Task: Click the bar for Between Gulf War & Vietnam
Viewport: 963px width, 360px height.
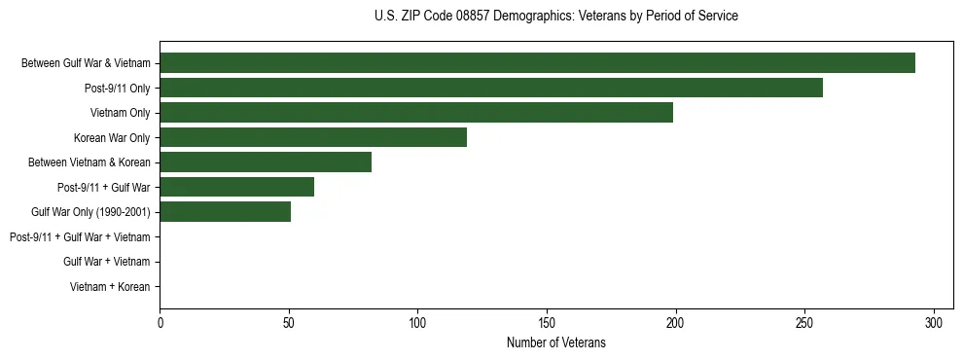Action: (x=537, y=63)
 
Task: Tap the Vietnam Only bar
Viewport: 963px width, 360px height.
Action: (x=416, y=113)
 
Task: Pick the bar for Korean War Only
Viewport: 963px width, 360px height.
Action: (x=313, y=137)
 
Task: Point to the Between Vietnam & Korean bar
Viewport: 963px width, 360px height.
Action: (x=266, y=162)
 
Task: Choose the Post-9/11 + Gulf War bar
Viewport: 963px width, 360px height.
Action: (x=237, y=187)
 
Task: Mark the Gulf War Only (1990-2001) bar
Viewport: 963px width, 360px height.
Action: (x=226, y=211)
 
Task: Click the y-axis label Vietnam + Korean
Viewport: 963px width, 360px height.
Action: (x=110, y=287)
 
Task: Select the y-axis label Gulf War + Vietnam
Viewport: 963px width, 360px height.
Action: (x=107, y=262)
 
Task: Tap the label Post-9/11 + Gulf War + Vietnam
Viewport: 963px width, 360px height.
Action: (x=80, y=236)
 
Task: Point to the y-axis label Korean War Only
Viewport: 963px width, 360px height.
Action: (x=112, y=137)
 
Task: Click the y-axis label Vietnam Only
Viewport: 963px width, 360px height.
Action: (x=121, y=113)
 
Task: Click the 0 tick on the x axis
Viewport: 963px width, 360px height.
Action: (x=160, y=322)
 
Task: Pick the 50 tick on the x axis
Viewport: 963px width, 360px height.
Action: (x=289, y=322)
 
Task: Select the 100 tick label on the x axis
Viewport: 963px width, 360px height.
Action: (x=418, y=322)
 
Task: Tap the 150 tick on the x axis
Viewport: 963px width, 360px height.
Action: (x=547, y=322)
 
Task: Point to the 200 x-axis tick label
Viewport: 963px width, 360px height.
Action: (x=676, y=322)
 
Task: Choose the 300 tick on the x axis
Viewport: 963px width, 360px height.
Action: (x=934, y=322)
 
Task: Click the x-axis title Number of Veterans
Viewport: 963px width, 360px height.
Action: (x=556, y=342)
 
